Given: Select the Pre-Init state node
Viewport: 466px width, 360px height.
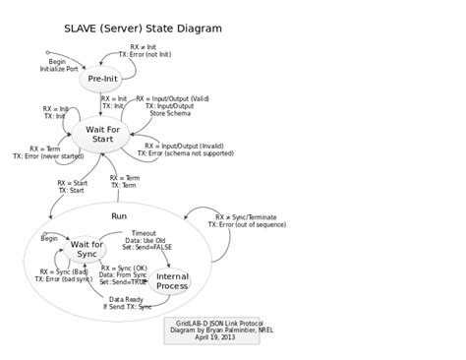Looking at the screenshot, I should [102, 79].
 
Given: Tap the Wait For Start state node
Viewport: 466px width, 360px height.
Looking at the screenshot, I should [102, 134].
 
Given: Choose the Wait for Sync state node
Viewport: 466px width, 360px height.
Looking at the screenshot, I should [87, 250].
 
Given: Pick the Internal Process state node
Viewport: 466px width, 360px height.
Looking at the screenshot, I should [172, 281].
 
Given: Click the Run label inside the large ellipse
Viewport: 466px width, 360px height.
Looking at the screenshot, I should [119, 215].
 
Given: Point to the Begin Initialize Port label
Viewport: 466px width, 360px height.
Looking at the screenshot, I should [58, 66].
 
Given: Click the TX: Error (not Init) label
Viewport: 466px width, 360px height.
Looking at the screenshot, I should [150, 54].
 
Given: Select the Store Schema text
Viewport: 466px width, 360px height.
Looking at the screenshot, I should [170, 114].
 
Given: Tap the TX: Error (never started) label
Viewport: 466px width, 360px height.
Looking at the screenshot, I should [48, 155].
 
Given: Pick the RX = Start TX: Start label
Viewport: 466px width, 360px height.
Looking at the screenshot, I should [72, 187].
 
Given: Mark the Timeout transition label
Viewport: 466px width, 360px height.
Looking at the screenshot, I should [144, 233].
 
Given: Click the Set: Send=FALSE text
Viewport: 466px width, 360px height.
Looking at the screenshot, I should [147, 247].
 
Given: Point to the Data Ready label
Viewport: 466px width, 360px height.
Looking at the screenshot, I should [126, 299].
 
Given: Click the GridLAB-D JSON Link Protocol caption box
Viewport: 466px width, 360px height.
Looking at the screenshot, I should [211, 330].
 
